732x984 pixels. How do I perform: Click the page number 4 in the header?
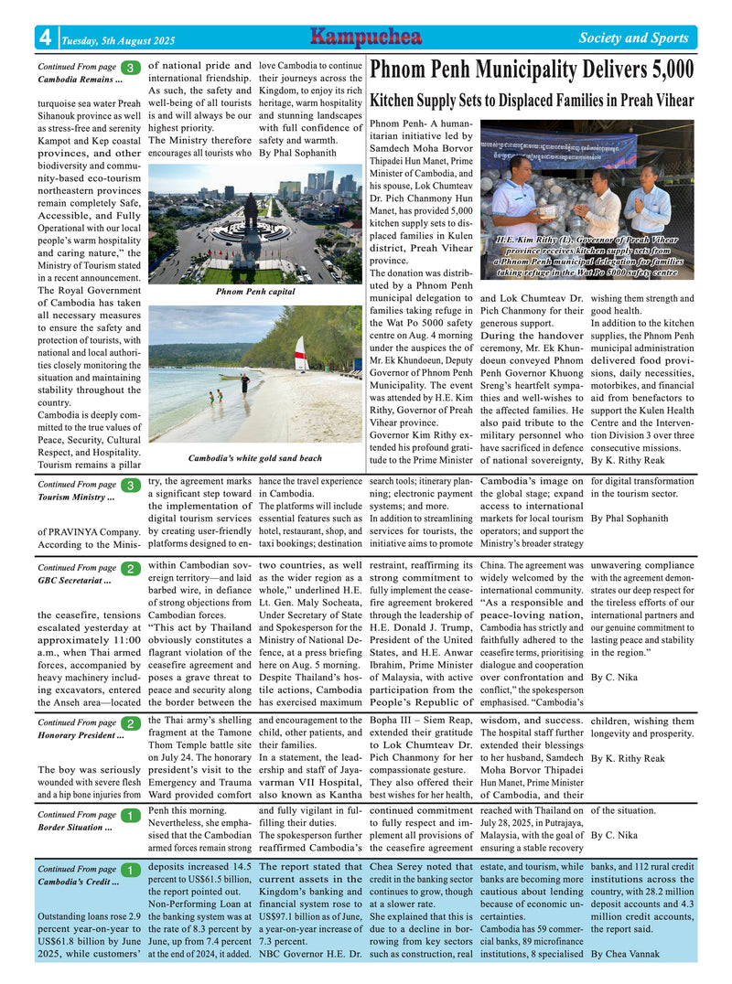pos(45,37)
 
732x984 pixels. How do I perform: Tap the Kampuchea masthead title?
pos(365,37)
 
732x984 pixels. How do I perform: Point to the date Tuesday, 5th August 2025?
pos(118,40)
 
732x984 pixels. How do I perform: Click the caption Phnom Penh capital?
pos(255,292)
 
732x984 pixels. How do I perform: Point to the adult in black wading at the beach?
pos(244,382)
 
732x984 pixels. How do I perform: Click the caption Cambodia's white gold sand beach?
pos(254,458)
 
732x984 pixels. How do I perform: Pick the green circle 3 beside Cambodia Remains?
pos(130,68)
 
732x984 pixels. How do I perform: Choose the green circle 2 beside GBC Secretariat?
pos(130,569)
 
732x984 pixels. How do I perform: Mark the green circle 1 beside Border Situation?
pos(130,815)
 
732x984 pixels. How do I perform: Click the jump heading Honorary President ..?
pos(81,735)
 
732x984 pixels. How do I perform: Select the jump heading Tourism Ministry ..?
pos(77,497)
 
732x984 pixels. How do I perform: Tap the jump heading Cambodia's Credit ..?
pos(80,882)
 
